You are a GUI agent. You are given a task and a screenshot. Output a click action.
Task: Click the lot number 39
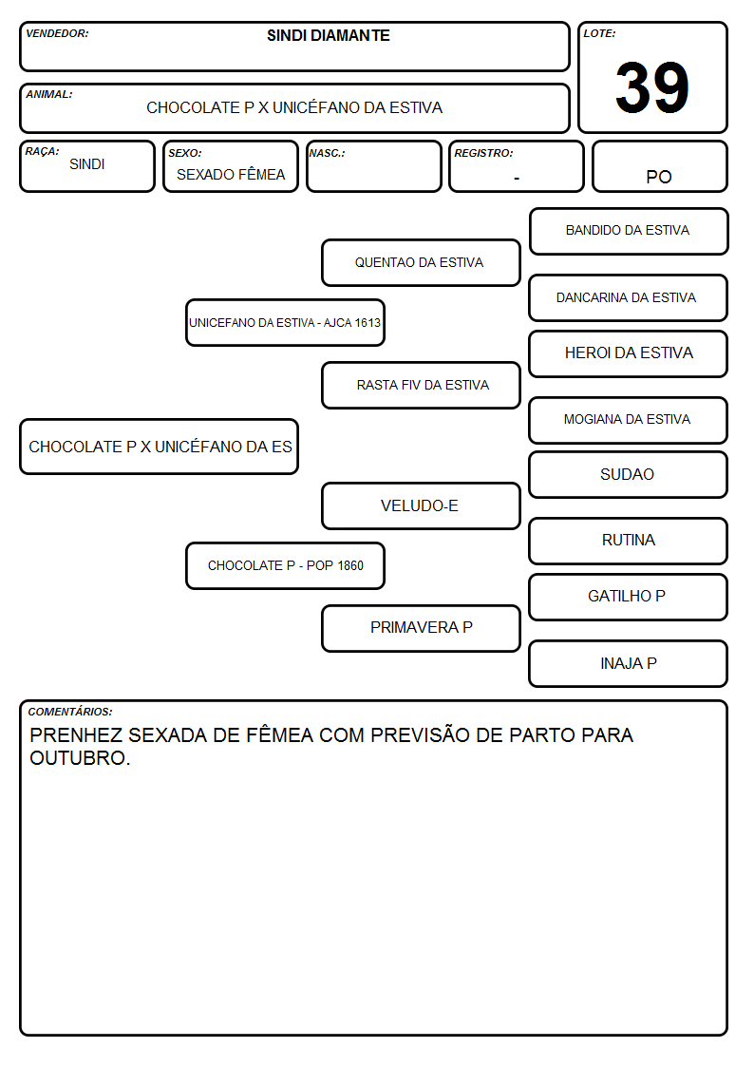(652, 87)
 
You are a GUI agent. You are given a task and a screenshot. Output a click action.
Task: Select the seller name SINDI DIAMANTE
(329, 35)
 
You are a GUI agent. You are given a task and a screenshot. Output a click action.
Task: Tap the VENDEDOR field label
(57, 33)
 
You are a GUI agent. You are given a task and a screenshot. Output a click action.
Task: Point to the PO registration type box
(659, 166)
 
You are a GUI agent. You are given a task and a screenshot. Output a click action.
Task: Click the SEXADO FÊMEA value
(231, 175)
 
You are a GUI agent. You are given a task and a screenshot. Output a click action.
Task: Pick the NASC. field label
(327, 153)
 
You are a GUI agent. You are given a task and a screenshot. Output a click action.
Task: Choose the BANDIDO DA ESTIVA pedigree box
(629, 232)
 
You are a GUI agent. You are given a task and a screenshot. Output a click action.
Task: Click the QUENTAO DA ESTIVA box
(421, 262)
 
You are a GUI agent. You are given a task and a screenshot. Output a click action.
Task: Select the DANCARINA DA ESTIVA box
(628, 297)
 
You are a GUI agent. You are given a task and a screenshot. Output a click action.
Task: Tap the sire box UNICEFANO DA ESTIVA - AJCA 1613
(285, 322)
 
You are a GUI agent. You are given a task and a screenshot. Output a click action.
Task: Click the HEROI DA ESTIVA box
(628, 353)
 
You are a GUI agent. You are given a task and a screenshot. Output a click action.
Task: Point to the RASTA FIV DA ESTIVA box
(421, 385)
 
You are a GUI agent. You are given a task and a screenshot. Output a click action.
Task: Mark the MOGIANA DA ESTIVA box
(628, 420)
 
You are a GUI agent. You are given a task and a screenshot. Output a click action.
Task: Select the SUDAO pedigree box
(628, 474)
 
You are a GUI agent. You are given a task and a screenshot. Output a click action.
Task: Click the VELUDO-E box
(421, 505)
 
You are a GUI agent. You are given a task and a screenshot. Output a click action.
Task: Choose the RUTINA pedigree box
(628, 541)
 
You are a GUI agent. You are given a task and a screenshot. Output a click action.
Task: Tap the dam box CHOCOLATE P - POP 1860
(285, 565)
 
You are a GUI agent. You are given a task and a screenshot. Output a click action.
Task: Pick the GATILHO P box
(628, 597)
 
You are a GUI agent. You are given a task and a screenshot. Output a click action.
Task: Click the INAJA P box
(628, 663)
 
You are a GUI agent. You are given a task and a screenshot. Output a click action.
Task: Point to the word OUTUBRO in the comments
(80, 758)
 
